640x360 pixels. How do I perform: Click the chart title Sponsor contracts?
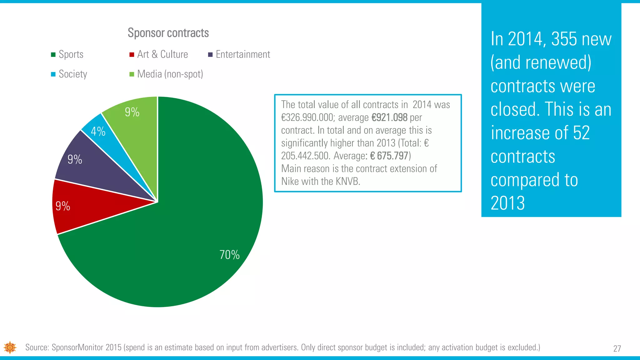pos(168,33)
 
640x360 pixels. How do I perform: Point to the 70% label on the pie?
pos(229,255)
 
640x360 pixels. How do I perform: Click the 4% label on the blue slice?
pos(98,132)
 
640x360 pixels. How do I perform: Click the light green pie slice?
pos(137,125)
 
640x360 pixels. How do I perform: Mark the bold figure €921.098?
pos(389,118)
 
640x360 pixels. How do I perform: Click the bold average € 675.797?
pos(389,156)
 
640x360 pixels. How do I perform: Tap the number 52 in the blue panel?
pos(581,133)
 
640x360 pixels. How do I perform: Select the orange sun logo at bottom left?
pos(10,347)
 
